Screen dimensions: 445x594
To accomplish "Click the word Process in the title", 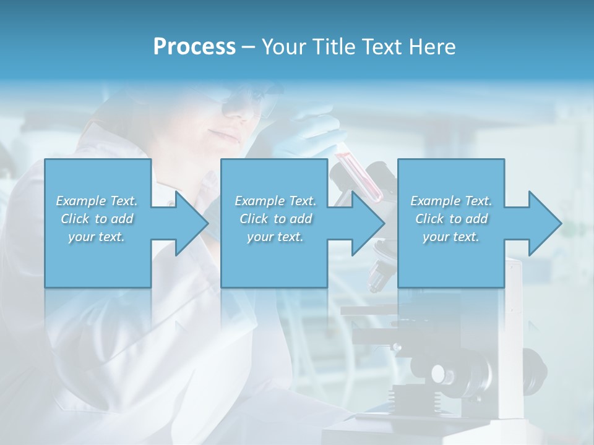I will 194,47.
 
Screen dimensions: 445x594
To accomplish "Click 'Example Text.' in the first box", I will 97,201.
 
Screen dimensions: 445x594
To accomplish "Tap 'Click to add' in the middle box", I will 275,219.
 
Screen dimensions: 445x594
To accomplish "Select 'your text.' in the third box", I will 451,237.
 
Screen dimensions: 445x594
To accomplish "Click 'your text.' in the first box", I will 97,237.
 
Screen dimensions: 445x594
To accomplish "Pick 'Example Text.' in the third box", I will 451,201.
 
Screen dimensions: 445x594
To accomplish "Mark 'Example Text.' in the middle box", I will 275,201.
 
